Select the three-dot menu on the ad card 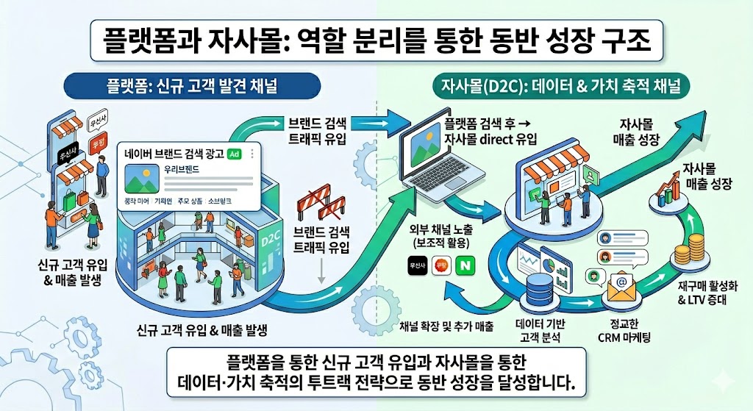[251, 154]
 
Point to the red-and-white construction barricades [318, 202]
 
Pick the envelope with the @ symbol [618, 291]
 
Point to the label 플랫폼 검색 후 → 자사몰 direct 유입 [491, 129]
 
